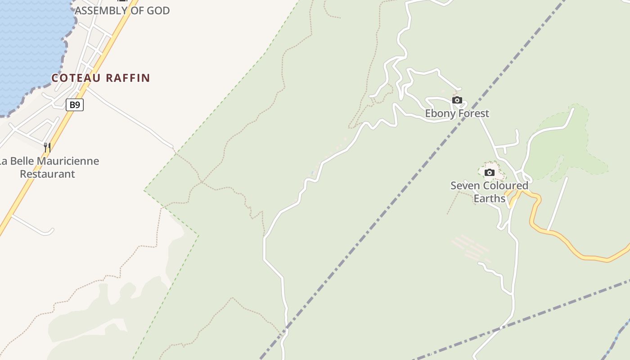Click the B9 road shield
[x=75, y=105]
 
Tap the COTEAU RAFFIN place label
[x=100, y=78]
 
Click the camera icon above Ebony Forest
[x=457, y=100]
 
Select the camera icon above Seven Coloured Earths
[x=489, y=172]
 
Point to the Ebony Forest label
[x=457, y=113]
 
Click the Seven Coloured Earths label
[x=489, y=192]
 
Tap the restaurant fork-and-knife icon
[x=47, y=147]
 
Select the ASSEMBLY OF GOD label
[x=122, y=10]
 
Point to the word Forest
[x=473, y=113]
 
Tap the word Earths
[x=489, y=198]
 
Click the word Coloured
[x=503, y=185]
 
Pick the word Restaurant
[x=47, y=174]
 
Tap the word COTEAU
[x=76, y=78]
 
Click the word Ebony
[x=440, y=113]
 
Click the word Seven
[x=463, y=185]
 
